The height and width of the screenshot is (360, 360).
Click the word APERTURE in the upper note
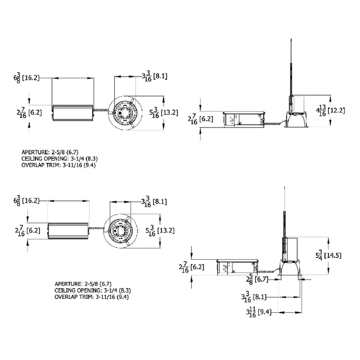pyautogui.click(x=35, y=153)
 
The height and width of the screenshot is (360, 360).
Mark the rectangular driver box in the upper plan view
pyautogui.click(x=73, y=113)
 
